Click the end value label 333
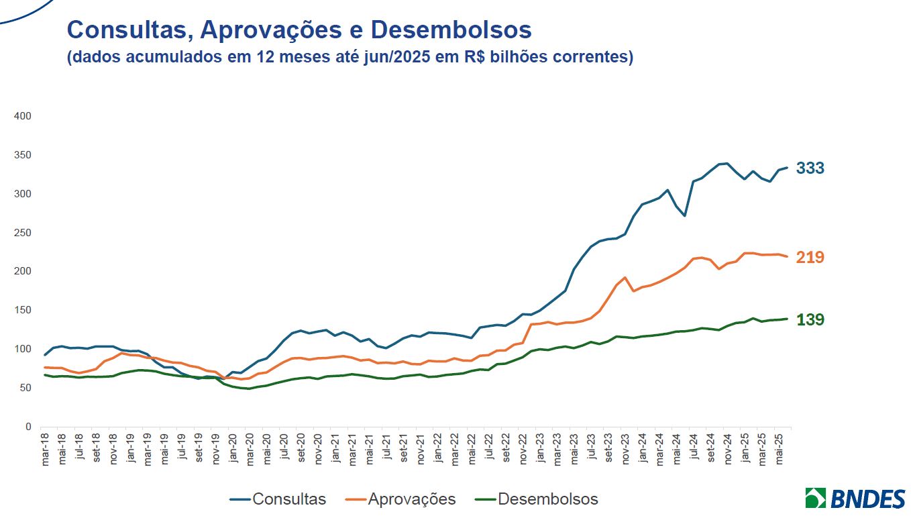coord(810,168)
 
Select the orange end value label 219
coord(810,257)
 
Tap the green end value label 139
coord(810,320)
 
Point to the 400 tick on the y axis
coord(23,116)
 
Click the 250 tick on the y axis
coord(23,233)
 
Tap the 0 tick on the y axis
coord(28,427)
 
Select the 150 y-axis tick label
coord(23,310)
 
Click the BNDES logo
coord(855,499)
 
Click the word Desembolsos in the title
coord(451,30)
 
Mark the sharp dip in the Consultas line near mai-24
coord(684,215)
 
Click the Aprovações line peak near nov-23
coord(625,277)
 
